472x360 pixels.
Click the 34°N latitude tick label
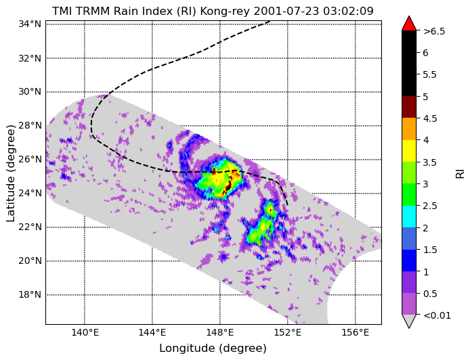point(30,24)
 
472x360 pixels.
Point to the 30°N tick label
point(30,91)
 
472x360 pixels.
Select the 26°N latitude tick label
point(30,159)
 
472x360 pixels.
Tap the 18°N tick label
point(30,294)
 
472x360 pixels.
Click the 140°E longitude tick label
point(84,333)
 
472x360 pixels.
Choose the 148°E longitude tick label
point(219,333)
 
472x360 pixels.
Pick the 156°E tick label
point(356,333)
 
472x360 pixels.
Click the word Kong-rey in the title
point(225,11)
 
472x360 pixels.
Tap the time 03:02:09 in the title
point(348,11)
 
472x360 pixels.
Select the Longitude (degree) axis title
point(213,348)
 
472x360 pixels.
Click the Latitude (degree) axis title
point(11,173)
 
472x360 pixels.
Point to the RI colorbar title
point(460,173)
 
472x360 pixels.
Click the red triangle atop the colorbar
point(409,24)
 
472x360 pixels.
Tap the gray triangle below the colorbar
point(409,321)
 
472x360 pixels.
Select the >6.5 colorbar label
point(434,31)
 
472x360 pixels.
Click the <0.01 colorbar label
point(437,315)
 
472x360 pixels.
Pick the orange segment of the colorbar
point(409,129)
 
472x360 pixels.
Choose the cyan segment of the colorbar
point(409,217)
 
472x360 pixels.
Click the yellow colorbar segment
point(409,151)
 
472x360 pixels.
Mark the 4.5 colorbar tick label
point(430,118)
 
